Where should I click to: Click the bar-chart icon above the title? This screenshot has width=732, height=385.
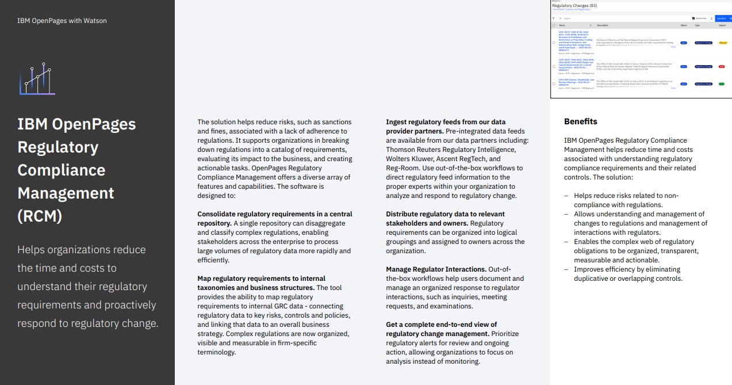37,79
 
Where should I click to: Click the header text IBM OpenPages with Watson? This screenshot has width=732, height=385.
62,21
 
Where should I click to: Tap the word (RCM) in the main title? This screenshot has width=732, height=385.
40,216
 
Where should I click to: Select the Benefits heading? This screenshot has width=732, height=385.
580,121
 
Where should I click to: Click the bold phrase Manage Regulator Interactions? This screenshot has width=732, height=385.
436,269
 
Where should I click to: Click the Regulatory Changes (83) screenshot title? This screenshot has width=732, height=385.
574,6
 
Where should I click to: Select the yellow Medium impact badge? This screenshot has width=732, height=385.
723,43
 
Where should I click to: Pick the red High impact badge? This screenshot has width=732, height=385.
722,67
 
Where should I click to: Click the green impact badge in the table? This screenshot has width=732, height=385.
721,84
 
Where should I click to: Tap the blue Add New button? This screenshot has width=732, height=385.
721,18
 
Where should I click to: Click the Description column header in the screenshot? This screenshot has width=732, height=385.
603,25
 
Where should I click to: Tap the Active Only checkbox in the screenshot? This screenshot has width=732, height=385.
693,18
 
